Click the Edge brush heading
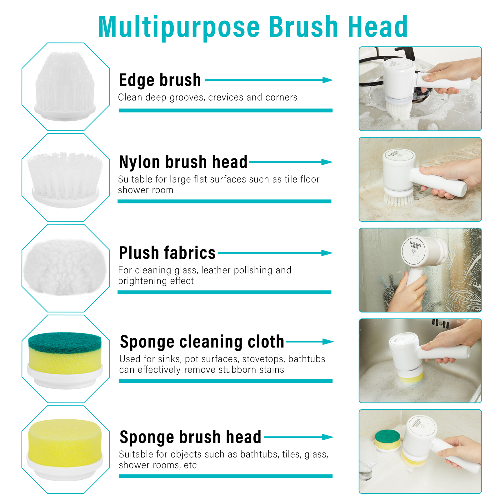point(160,80)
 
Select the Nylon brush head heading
point(183,162)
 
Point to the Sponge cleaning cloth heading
point(202,342)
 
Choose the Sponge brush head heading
point(191,437)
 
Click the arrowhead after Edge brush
point(327,80)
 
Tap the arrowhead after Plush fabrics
point(327,253)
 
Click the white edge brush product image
point(65,86)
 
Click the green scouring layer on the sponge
point(65,342)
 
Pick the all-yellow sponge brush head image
point(65,449)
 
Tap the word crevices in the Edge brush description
point(226,97)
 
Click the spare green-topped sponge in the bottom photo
point(387,440)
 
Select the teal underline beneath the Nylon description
point(224,202)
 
